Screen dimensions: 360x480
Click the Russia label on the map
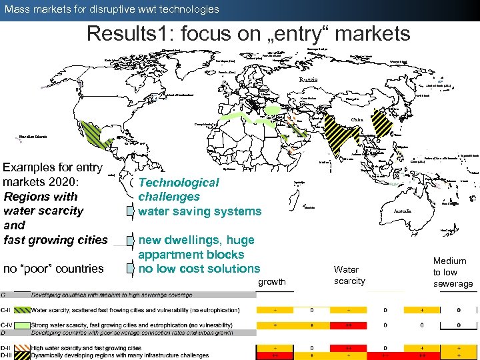point(307,80)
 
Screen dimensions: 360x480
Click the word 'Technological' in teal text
point(178,182)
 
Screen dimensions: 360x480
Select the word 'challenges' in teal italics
point(169,197)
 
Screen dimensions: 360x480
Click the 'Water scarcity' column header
point(349,275)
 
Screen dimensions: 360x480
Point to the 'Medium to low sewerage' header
point(453,272)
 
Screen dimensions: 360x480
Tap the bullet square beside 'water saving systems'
point(131,212)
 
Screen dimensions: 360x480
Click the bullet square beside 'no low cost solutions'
point(131,269)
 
